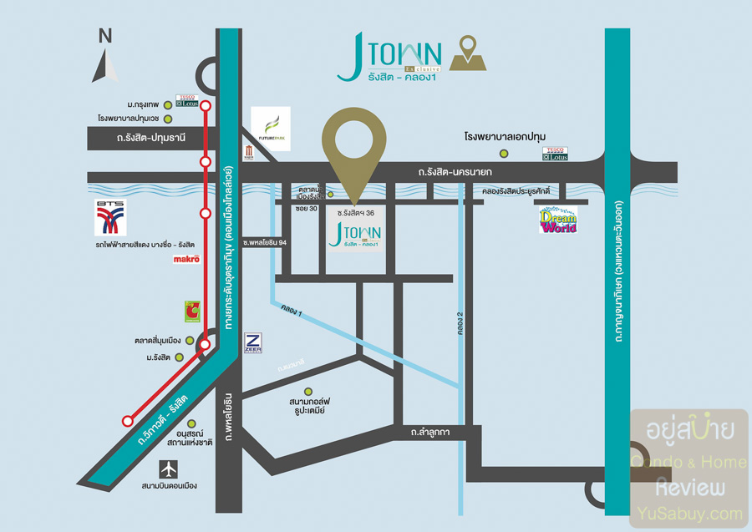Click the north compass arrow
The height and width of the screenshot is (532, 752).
pos(104,63)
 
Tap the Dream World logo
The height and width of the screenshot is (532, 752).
pos(558,219)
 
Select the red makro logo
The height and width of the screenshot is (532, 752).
pos(187,260)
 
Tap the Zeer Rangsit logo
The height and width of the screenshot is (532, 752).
pos(253,343)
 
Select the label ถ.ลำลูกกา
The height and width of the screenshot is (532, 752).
pos(431,432)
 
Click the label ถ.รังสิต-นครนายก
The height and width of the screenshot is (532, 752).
pos(455,172)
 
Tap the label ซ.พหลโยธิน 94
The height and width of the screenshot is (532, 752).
pos(265,241)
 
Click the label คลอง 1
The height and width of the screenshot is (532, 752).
pos(292,312)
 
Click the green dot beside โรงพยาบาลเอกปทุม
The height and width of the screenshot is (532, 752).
pos(504,154)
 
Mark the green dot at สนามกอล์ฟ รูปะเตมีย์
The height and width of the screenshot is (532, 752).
pos(308,391)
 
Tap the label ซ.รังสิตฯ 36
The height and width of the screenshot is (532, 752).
pos(356,213)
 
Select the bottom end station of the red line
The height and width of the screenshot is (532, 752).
pos(128,421)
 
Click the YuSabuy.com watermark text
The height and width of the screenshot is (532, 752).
pos(690,513)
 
